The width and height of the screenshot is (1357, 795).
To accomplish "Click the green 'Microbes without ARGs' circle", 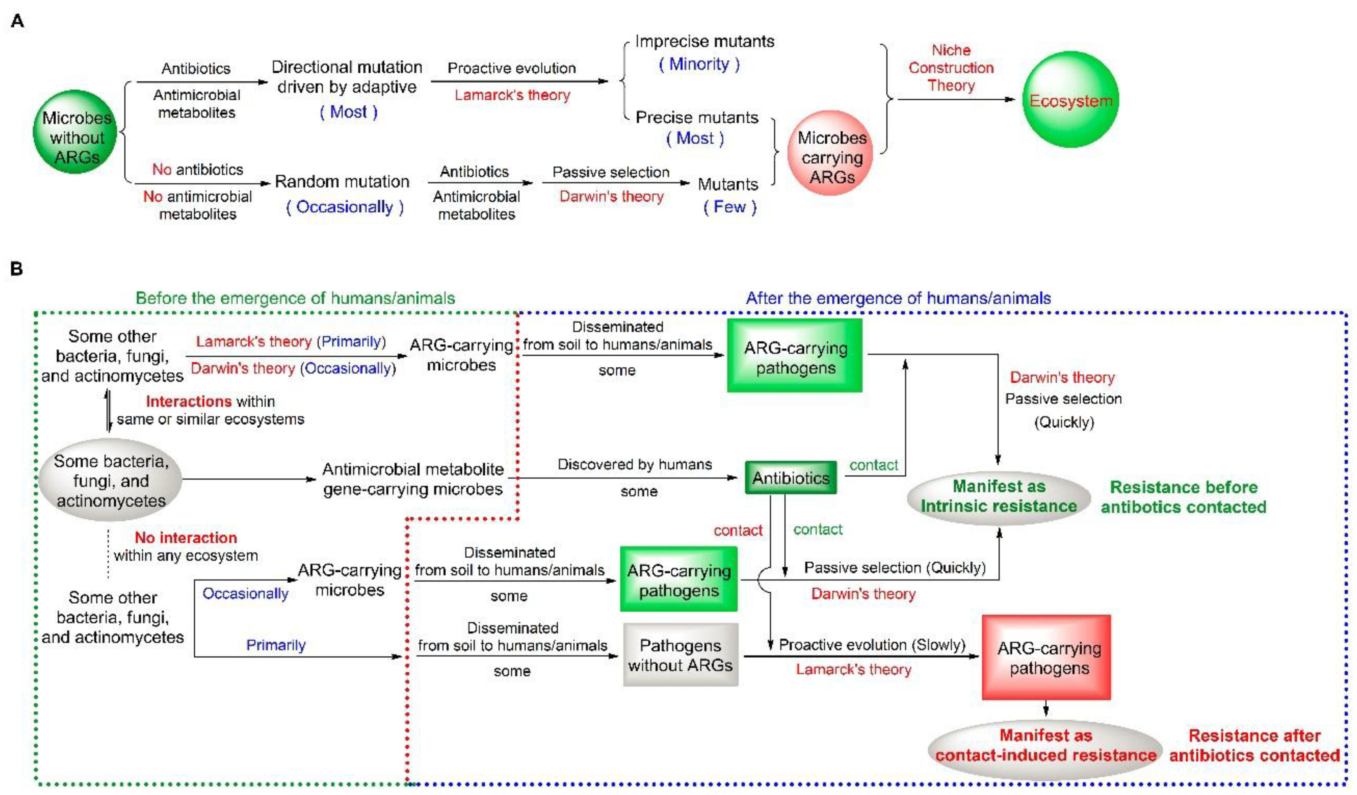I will point(76,132).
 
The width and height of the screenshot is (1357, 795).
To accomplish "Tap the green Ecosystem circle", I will point(1070,100).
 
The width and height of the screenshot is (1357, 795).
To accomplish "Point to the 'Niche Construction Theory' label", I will point(951,68).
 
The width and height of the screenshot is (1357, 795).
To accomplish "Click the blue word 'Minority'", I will point(699,64).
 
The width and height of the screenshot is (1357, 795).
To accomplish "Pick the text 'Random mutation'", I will point(342,182).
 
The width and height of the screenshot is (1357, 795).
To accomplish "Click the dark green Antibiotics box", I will point(791,478).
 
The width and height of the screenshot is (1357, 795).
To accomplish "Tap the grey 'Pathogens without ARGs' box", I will point(680,655).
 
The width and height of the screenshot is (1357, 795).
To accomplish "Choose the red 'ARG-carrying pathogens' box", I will point(1046,658).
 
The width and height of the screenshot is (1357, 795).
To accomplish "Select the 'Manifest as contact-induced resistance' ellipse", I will point(1045,745).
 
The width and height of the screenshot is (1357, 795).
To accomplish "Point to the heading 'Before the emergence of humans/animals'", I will point(295,298).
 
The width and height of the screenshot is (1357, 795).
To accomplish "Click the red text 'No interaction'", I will point(186,537).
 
